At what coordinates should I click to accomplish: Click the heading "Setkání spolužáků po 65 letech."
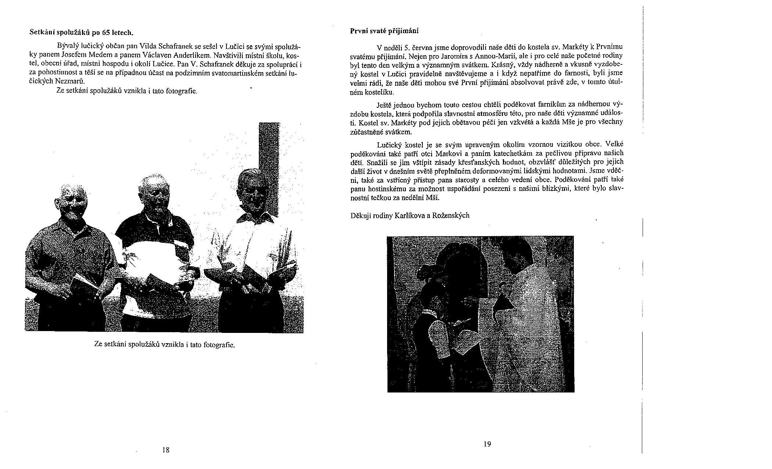point(81,33)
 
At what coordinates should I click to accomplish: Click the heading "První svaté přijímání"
point(384,31)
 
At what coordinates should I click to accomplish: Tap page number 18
point(165,450)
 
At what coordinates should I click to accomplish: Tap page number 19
point(487,444)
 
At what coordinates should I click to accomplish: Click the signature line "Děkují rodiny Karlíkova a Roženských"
point(410,216)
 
